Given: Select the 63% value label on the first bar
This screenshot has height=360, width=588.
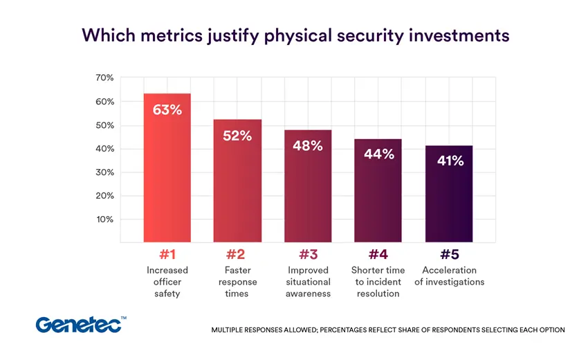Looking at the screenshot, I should click(x=167, y=110).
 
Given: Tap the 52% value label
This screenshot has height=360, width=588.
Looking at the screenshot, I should click(x=237, y=136).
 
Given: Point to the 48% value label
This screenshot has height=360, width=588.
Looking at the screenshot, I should click(x=307, y=146).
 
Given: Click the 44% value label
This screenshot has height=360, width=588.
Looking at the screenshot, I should click(x=378, y=154).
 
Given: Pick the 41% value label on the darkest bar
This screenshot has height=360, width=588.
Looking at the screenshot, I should click(x=450, y=161).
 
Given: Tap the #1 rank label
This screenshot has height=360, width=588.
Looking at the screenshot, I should click(x=167, y=255).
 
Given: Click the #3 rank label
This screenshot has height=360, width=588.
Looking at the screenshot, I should click(x=307, y=255).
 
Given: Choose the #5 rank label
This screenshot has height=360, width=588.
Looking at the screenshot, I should click(x=449, y=255).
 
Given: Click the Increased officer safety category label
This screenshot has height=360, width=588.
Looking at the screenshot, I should click(x=167, y=282).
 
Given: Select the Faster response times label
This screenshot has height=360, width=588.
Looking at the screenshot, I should click(x=237, y=282).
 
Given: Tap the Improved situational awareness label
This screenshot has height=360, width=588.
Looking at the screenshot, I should click(x=308, y=282).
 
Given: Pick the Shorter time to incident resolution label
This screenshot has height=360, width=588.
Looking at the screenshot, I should click(x=378, y=282).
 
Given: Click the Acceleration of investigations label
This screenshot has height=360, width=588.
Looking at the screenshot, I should click(x=449, y=276).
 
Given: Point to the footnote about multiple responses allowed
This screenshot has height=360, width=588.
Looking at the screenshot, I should click(x=387, y=330).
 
